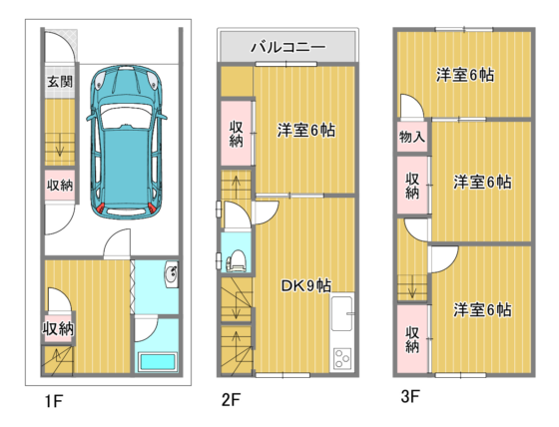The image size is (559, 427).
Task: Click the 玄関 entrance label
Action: tap(60, 82)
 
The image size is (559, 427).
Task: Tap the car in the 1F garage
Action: tap(127, 143)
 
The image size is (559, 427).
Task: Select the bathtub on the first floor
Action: tap(158, 362)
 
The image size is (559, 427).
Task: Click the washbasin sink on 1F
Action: tap(172, 273)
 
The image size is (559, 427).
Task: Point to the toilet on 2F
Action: tap(236, 260)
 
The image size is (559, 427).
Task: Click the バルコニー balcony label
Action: tap(288, 47)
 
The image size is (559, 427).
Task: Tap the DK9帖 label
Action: tap(305, 285)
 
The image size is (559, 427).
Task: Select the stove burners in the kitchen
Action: tap(342, 358)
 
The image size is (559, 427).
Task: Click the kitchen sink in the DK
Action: tap(342, 313)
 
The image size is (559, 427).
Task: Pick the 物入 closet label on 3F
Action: tap(412, 137)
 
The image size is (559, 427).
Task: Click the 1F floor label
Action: tap(54, 401)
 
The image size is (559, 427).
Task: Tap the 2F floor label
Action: tap(231, 399)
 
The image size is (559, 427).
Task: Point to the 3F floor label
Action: tap(410, 396)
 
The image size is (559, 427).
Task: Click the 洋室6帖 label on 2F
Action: tap(306, 131)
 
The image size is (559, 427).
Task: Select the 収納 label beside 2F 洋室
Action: tap(236, 134)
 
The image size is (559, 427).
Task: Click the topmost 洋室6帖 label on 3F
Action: tap(465, 75)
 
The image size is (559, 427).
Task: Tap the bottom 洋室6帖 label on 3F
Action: tap(482, 310)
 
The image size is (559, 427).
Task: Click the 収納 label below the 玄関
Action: tap(60, 185)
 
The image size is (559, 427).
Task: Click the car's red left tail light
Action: tap(101, 208)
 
